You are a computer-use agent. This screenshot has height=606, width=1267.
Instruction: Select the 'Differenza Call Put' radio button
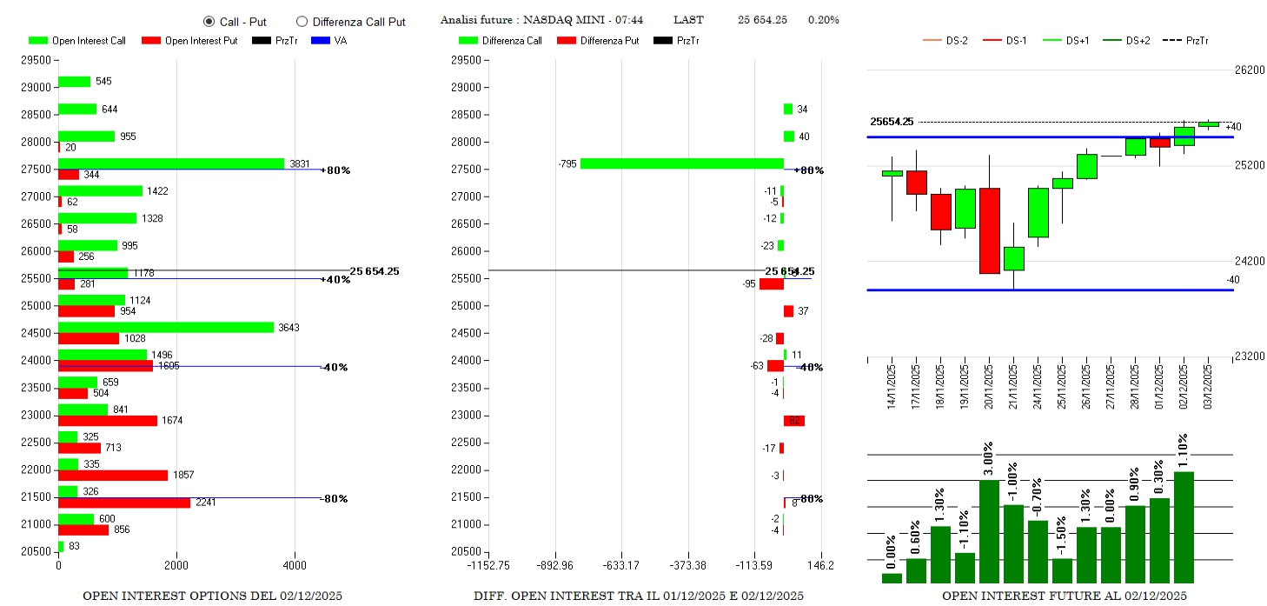click(x=302, y=21)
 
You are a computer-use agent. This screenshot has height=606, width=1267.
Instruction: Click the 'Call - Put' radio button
click(x=209, y=21)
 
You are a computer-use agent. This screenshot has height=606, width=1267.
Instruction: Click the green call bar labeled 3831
click(x=171, y=163)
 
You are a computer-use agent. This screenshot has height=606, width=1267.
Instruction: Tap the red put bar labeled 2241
click(x=124, y=503)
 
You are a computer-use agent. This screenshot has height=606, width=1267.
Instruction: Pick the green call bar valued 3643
click(x=166, y=327)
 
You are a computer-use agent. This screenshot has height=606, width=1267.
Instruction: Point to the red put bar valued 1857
click(x=113, y=476)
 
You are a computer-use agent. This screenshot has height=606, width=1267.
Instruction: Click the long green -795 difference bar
click(x=682, y=163)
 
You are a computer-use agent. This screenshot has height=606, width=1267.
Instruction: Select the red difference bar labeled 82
click(x=794, y=421)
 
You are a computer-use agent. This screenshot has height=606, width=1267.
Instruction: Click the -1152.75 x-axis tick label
click(x=488, y=565)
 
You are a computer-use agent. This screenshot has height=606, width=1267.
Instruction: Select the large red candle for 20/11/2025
click(x=989, y=230)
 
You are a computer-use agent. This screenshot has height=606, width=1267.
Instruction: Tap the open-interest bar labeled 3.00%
click(x=989, y=531)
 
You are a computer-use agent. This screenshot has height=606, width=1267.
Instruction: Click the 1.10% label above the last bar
click(x=1184, y=451)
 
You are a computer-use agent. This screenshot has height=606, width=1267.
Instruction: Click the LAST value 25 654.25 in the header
click(x=762, y=20)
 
